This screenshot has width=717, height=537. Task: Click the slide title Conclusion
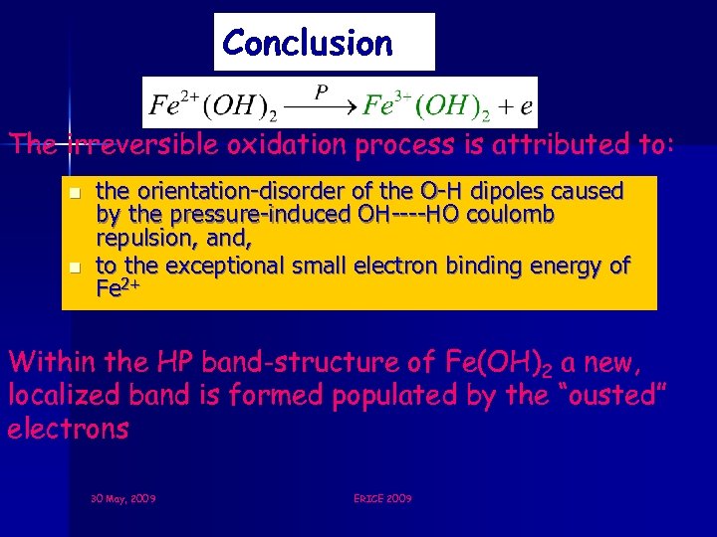click(x=308, y=43)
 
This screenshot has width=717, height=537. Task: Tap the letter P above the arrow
click(x=321, y=91)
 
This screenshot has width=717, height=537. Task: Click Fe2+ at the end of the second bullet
click(x=117, y=289)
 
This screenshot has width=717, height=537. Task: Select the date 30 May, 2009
click(x=122, y=498)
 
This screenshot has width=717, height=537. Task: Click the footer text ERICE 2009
click(x=382, y=498)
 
